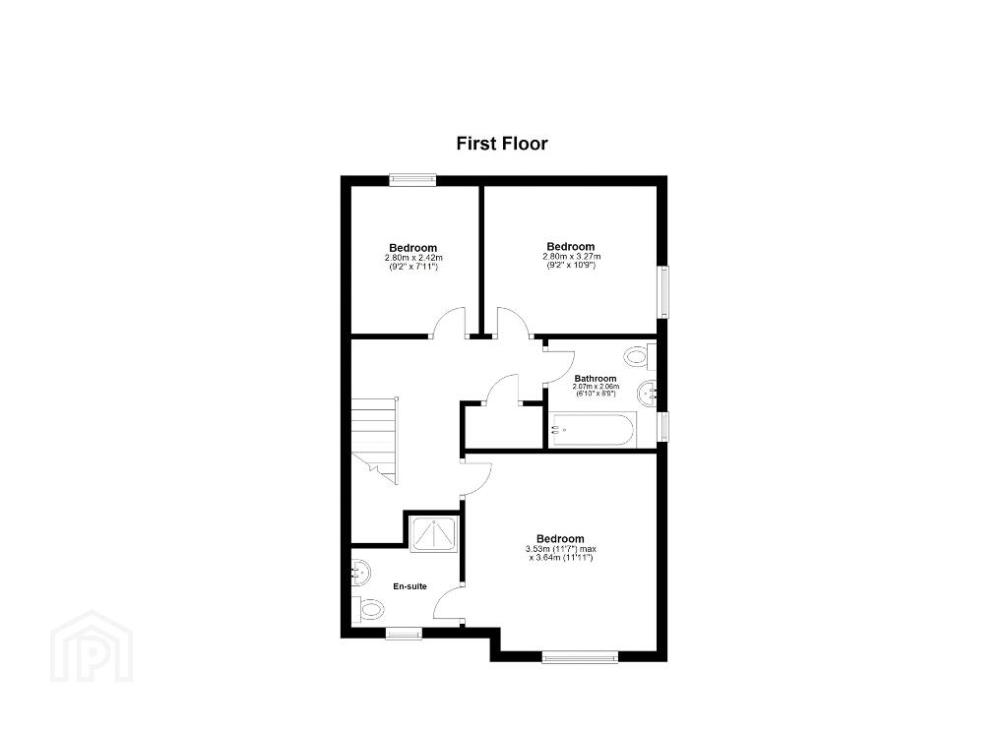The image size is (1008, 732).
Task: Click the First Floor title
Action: pyautogui.click(x=502, y=144)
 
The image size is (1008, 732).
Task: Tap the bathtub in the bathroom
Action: pyautogui.click(x=594, y=431)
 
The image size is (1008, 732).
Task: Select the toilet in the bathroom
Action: pyautogui.click(x=640, y=357)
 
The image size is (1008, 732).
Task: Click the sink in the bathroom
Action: pyautogui.click(x=647, y=393)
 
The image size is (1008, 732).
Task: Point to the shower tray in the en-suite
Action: pyautogui.click(x=433, y=534)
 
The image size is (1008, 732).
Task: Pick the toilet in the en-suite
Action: pyautogui.click(x=367, y=609)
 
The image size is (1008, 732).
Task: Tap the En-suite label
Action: pyautogui.click(x=410, y=586)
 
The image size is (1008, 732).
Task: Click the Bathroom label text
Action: pyautogui.click(x=596, y=379)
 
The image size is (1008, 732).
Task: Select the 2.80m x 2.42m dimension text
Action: pyautogui.click(x=412, y=258)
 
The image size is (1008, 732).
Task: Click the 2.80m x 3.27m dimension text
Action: pyautogui.click(x=571, y=257)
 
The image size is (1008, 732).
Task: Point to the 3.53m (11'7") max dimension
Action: pyautogui.click(x=561, y=549)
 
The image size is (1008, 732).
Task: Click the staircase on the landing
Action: pyautogui.click(x=374, y=440)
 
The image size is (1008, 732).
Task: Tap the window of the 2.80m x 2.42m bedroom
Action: pyautogui.click(x=412, y=181)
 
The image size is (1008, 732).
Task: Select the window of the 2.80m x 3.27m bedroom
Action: pyautogui.click(x=662, y=292)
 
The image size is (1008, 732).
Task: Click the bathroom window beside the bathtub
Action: pyautogui.click(x=662, y=427)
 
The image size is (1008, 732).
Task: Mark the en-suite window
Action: pyautogui.click(x=404, y=634)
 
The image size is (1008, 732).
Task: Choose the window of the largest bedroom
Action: pyautogui.click(x=580, y=657)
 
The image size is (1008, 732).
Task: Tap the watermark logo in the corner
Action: pyautogui.click(x=92, y=645)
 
